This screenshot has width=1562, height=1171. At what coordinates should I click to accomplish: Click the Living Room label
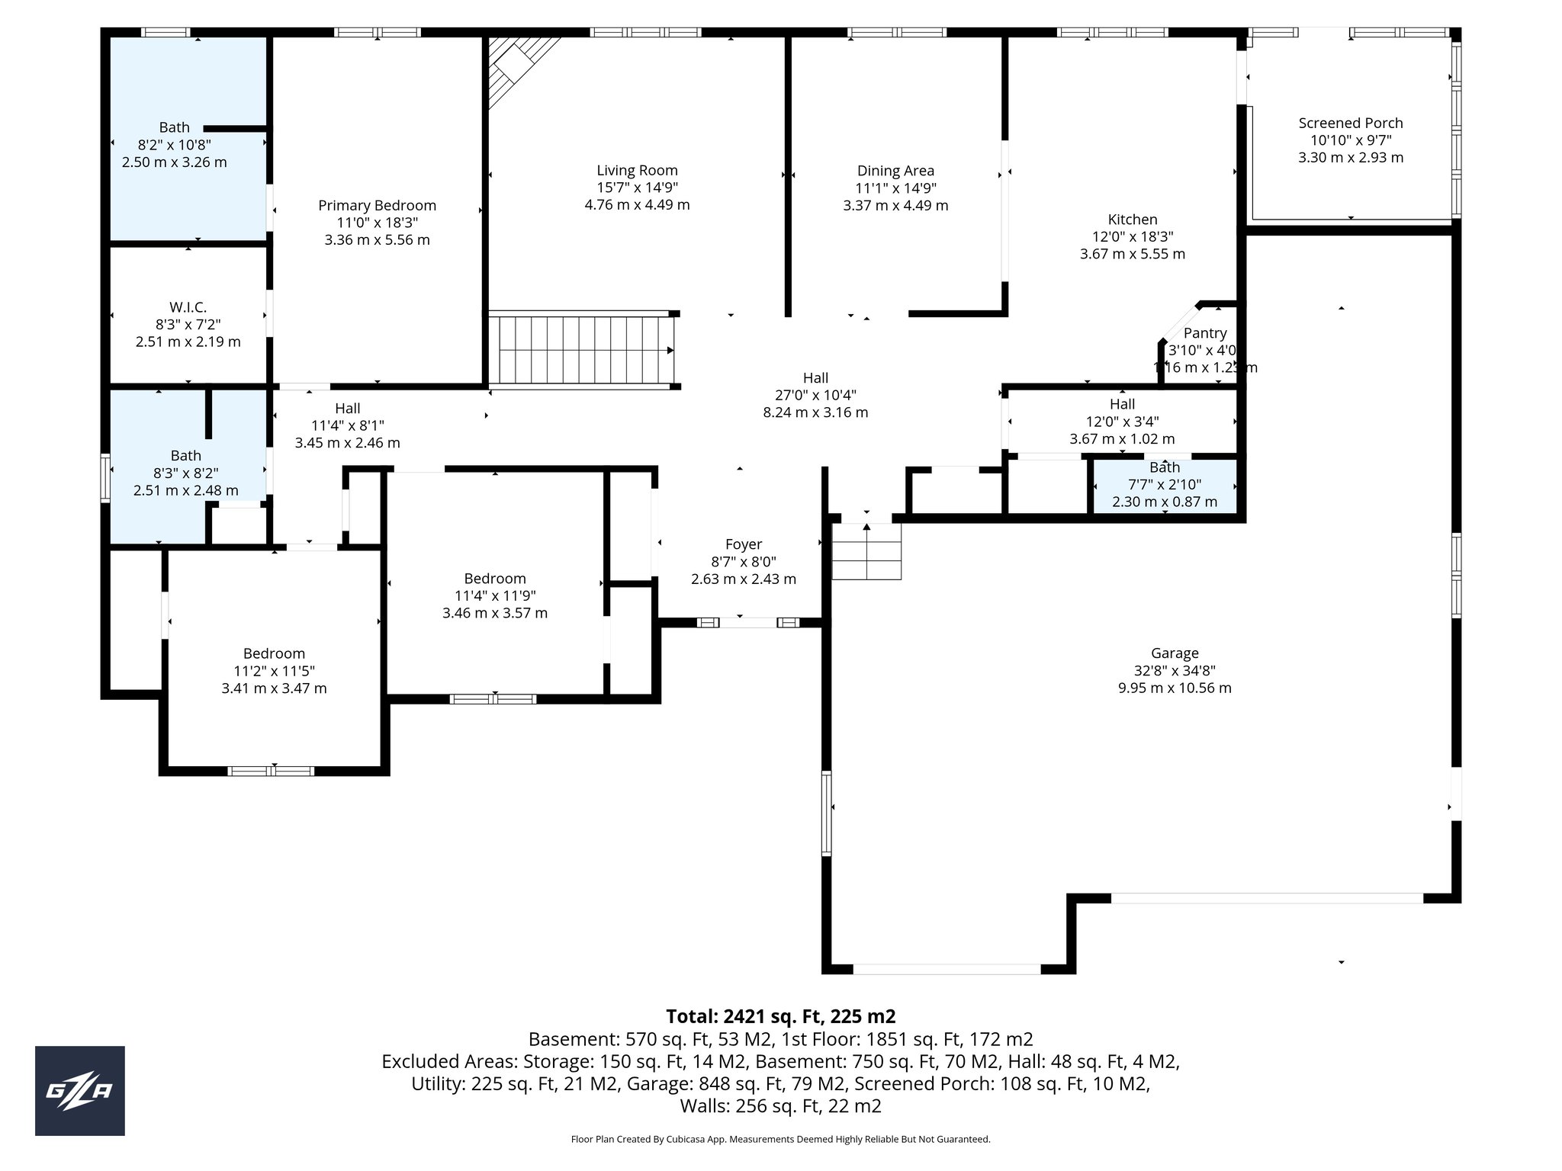click(x=637, y=171)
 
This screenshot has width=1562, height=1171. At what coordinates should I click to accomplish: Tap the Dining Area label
click(x=895, y=171)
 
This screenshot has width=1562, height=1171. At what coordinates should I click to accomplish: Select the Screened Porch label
click(x=1351, y=123)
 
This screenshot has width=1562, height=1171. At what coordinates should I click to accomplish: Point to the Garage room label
click(x=1175, y=653)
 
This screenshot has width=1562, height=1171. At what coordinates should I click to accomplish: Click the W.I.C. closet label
click(x=188, y=307)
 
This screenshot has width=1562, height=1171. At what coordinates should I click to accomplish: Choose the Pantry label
click(x=1205, y=333)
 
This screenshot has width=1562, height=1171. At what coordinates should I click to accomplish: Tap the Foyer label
click(x=744, y=544)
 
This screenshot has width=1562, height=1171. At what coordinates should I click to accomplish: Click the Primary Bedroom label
click(x=378, y=205)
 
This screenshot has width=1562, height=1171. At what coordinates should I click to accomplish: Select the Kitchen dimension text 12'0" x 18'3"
click(x=1133, y=237)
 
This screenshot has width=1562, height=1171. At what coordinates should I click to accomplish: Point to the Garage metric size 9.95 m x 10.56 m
click(x=1175, y=688)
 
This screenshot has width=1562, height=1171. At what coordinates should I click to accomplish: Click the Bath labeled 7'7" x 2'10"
click(x=1165, y=467)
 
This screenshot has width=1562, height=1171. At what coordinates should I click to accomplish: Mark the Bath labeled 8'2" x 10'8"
click(x=175, y=127)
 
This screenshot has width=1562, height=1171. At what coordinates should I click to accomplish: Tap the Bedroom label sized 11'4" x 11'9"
click(x=495, y=579)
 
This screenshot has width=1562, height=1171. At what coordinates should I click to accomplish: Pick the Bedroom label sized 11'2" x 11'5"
click(x=274, y=653)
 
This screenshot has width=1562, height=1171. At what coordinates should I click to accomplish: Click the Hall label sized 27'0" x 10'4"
click(x=815, y=378)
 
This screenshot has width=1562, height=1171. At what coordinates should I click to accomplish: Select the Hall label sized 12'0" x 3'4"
click(x=1122, y=404)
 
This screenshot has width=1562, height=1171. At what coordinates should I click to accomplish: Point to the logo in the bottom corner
click(x=80, y=1091)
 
